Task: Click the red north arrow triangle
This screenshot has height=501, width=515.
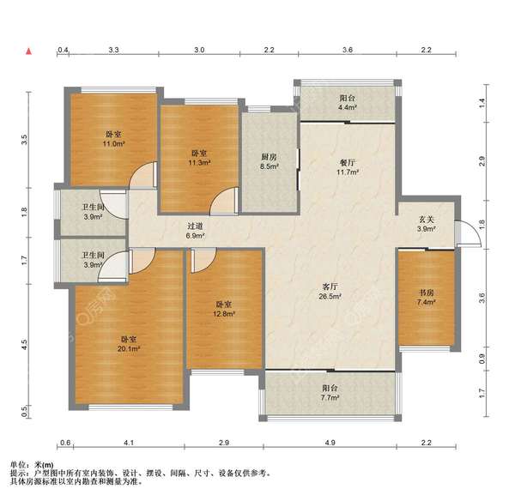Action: coord(29,51)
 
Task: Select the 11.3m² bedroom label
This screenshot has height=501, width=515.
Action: coord(199,158)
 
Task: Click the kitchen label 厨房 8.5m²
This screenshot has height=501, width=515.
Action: coord(270,161)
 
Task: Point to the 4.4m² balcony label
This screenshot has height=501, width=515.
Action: coord(348,102)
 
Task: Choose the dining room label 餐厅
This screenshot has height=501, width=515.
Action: coord(348,163)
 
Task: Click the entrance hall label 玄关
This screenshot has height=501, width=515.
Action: coord(427,220)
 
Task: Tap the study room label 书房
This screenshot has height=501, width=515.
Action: coord(427,293)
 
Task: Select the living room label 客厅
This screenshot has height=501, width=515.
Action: coord(330,287)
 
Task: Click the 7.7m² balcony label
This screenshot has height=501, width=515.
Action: coord(330,393)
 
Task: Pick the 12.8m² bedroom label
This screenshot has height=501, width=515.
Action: coord(224,309)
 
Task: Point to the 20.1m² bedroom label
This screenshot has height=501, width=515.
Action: coord(129,344)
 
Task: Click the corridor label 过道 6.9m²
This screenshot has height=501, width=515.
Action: coord(196,231)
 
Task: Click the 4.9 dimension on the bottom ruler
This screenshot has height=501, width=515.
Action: coord(330,443)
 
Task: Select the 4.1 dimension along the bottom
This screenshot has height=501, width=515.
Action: coord(129,443)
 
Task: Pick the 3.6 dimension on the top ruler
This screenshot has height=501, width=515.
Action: coord(348,50)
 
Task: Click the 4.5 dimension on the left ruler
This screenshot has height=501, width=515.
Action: coord(24,344)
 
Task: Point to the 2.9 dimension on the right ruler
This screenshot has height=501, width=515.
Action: coord(482,161)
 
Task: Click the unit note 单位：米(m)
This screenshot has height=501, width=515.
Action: coord(32,465)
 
